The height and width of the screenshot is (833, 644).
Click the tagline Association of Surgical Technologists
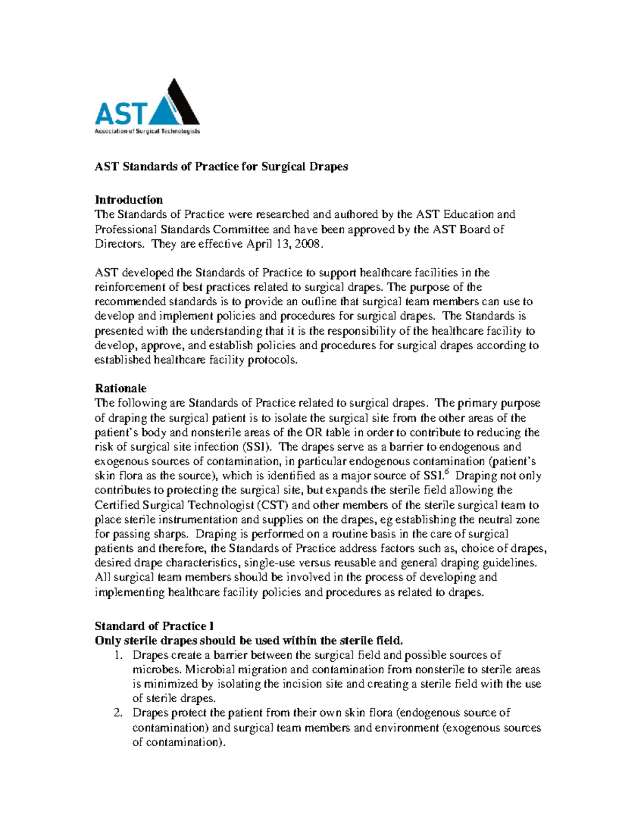coord(147,131)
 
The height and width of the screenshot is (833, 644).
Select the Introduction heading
coord(129,200)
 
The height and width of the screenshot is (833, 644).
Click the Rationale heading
coord(120,388)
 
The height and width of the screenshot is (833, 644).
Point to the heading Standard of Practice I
coord(154,626)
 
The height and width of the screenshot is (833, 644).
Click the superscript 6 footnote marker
coord(448,472)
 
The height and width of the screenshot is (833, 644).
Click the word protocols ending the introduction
coord(272,360)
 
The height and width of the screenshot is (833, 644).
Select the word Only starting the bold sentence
coord(107,640)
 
